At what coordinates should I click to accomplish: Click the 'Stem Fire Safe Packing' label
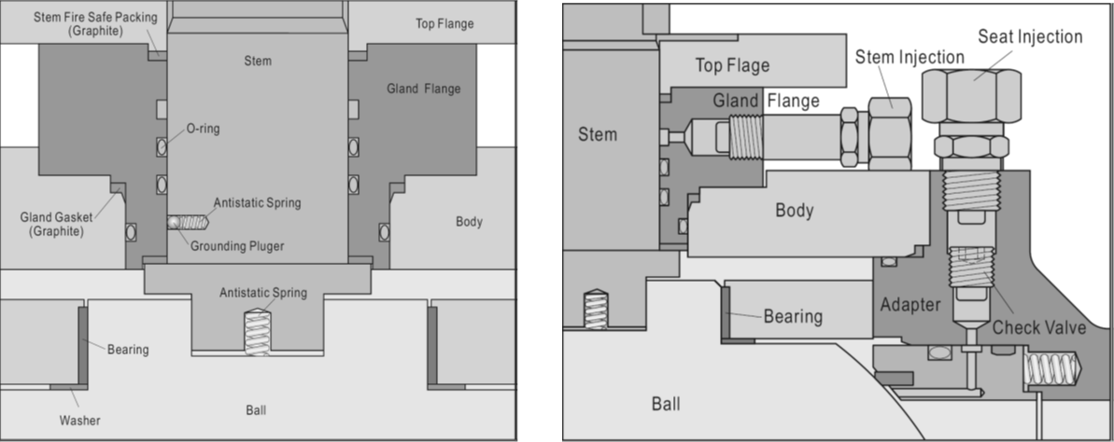(95, 24)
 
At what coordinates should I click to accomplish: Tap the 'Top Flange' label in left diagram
(444, 24)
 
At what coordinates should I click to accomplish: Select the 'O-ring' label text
(204, 129)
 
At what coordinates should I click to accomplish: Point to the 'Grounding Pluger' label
(237, 246)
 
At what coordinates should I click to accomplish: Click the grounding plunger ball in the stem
(174, 222)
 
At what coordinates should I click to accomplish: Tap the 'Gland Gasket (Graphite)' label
(51, 224)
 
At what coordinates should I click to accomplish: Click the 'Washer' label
(79, 421)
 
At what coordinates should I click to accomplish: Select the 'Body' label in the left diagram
(469, 221)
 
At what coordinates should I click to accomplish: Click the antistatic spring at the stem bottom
(257, 331)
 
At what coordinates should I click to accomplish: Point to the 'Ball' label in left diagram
(256, 410)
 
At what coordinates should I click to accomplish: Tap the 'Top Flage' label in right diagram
(732, 66)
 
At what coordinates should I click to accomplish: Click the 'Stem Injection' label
(910, 57)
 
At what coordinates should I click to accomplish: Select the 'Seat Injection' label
(1030, 36)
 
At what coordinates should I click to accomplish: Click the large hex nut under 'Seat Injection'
(971, 95)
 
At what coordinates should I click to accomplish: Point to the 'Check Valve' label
(1038, 327)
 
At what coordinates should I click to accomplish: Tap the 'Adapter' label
(910, 304)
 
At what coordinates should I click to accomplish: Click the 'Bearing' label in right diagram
(793, 316)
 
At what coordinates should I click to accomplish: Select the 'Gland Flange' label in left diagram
(423, 89)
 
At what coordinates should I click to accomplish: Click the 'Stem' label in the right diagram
(598, 134)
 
